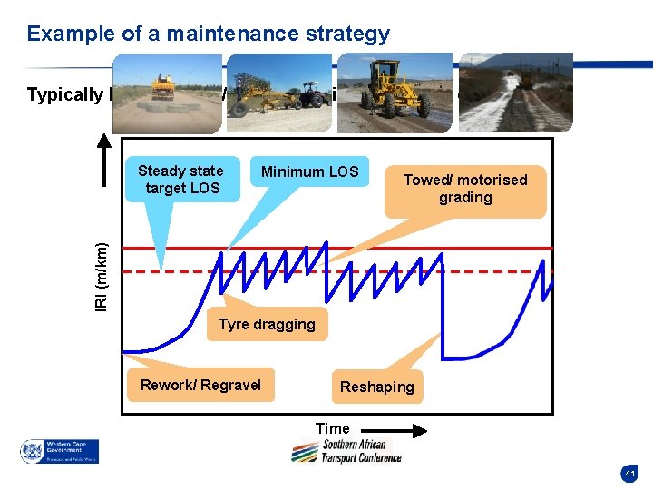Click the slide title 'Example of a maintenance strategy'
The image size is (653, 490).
[209, 34]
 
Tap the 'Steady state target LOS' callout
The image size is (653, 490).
[180, 180]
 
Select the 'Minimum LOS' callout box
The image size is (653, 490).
[309, 171]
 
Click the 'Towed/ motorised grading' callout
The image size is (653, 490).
[464, 189]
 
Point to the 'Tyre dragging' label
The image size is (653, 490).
[267, 325]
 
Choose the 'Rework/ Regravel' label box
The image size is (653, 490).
[200, 386]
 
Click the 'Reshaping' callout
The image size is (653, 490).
[376, 387]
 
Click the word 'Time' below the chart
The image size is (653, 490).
[332, 428]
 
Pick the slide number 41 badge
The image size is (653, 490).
[629, 473]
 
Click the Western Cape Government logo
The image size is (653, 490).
[60, 451]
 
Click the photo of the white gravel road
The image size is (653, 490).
[515, 93]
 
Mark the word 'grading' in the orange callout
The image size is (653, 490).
[464, 198]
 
